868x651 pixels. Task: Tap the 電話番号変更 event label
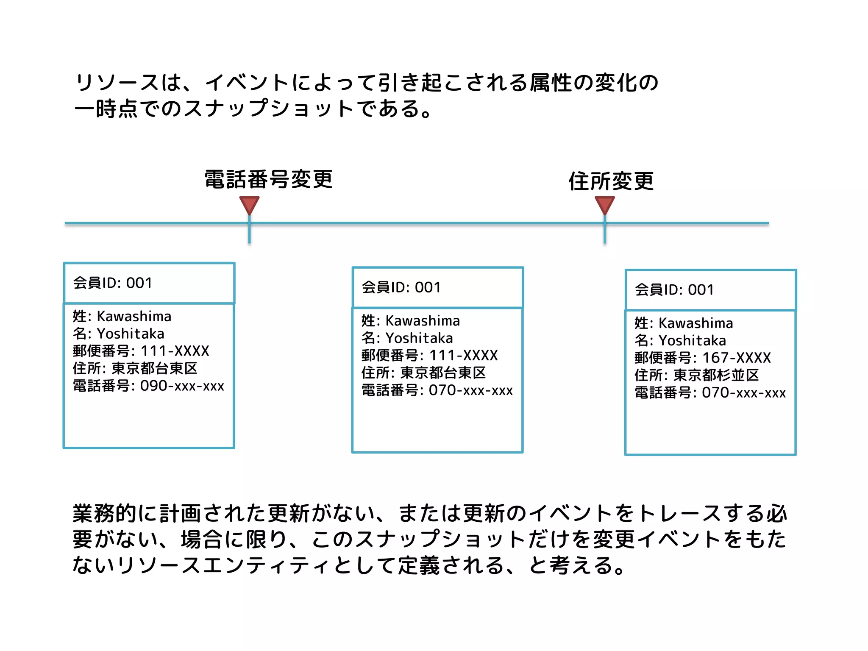click(x=269, y=179)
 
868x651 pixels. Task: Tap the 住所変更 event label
click(x=611, y=181)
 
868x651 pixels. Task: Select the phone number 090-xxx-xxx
click(x=182, y=386)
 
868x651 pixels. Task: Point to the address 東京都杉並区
click(x=716, y=375)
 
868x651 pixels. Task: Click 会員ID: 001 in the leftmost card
click(x=113, y=283)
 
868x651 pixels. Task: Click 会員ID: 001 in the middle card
click(x=401, y=287)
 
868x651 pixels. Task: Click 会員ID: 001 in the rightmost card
click(x=674, y=290)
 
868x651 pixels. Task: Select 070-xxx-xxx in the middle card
click(x=471, y=390)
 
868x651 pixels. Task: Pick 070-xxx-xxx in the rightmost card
click(x=744, y=392)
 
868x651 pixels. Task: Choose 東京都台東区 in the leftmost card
click(x=155, y=368)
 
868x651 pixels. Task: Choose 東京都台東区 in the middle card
click(x=443, y=373)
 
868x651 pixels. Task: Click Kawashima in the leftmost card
click(x=134, y=316)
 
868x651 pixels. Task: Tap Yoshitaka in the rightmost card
click(x=693, y=340)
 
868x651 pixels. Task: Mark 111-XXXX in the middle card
click(x=464, y=355)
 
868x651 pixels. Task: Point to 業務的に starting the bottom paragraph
click(x=114, y=513)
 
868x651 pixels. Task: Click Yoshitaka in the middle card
click(x=420, y=338)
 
